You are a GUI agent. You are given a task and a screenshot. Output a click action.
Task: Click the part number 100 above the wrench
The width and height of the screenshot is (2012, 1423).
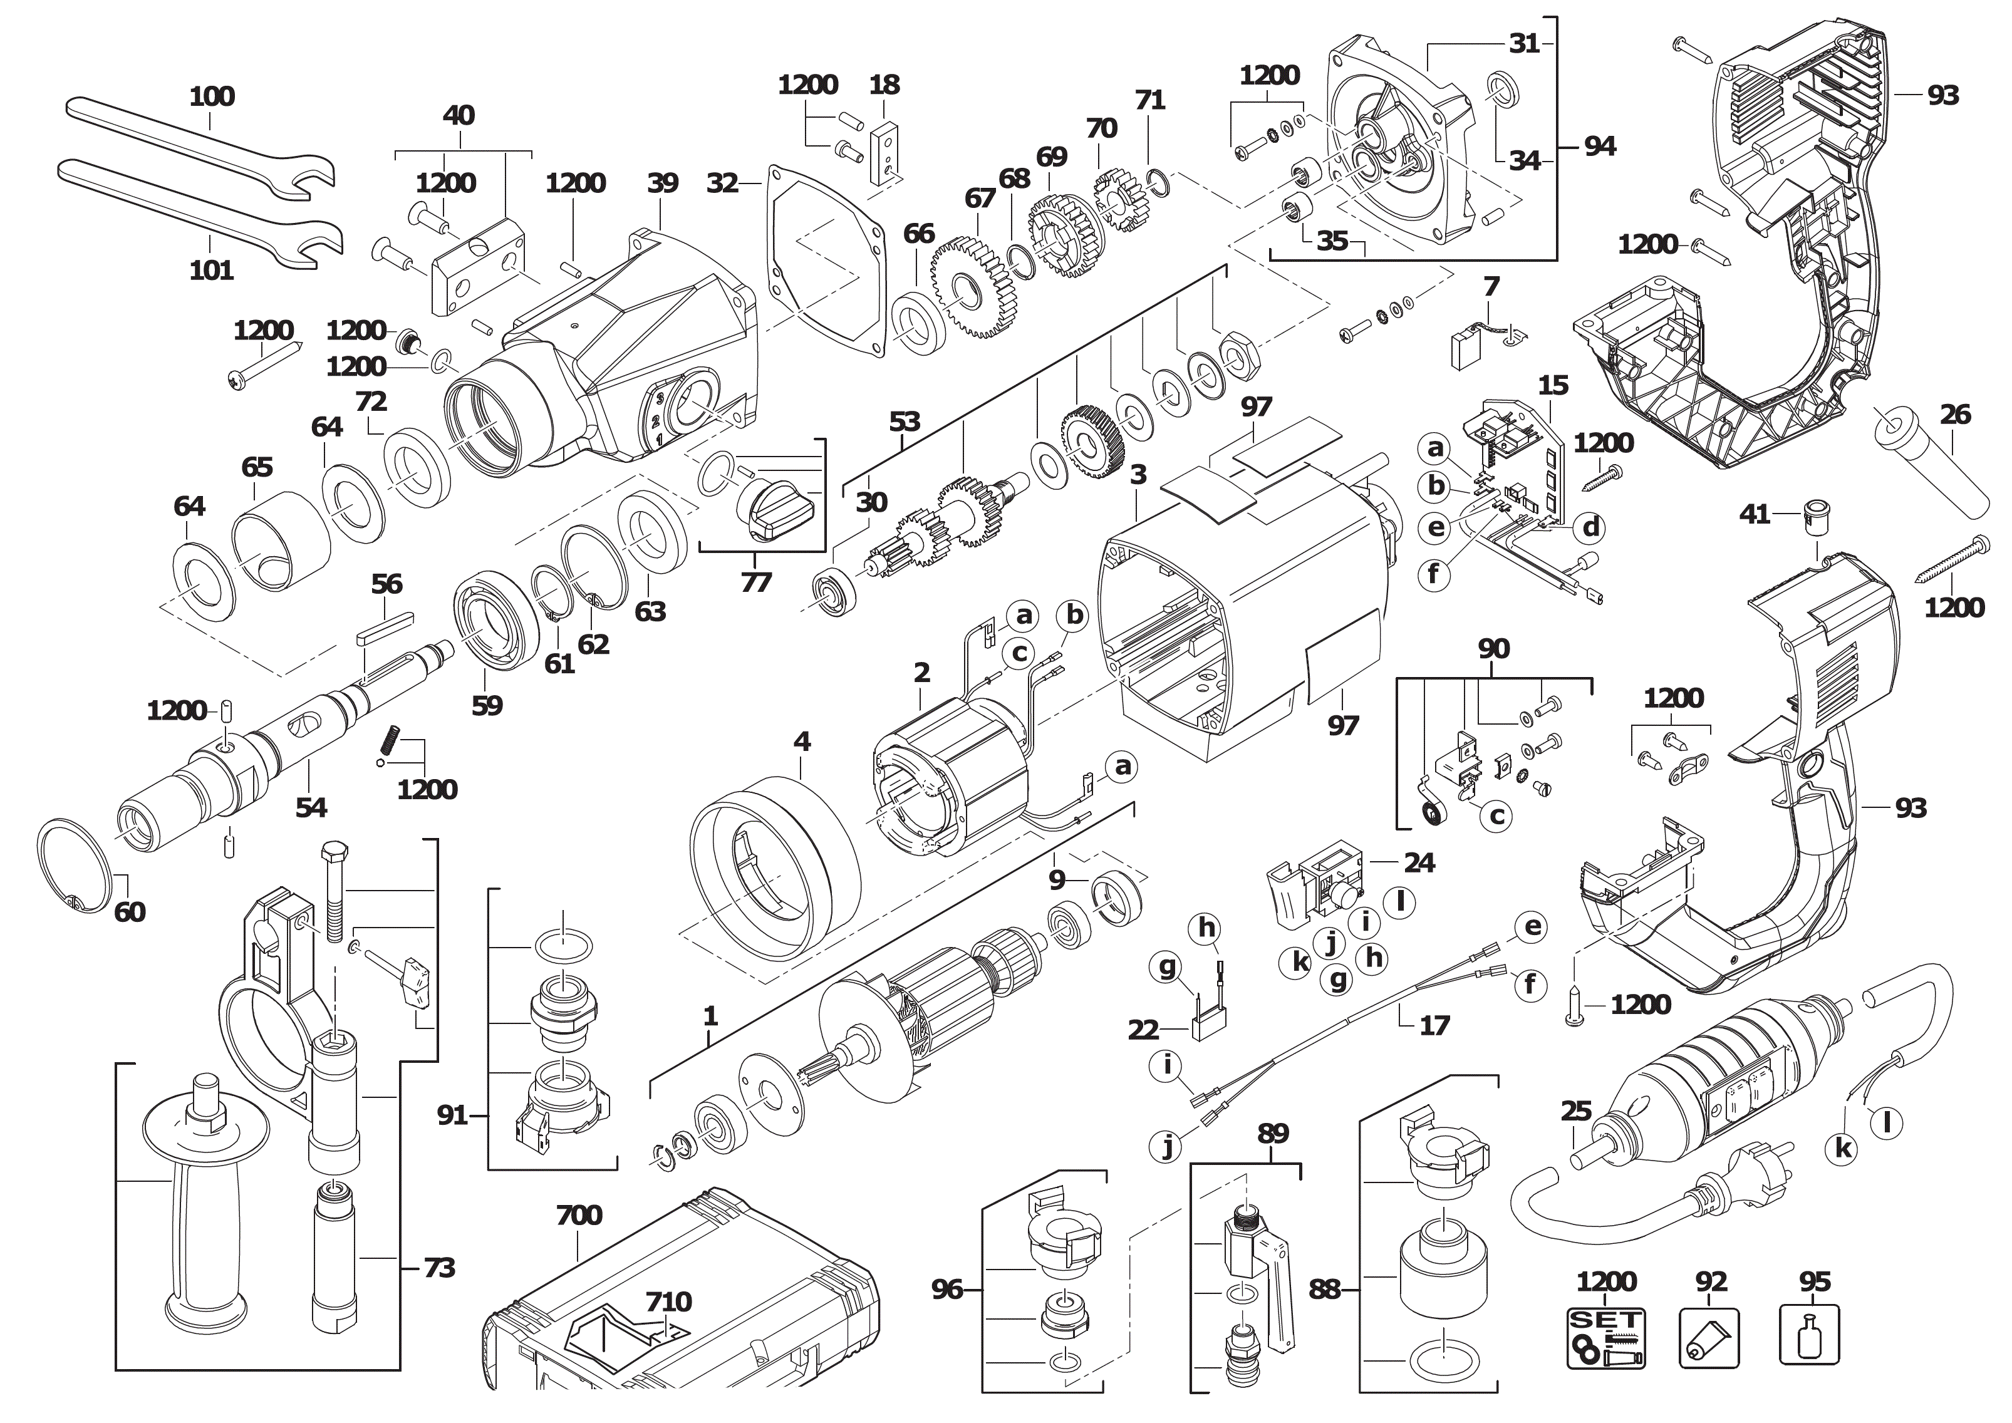pyautogui.click(x=212, y=96)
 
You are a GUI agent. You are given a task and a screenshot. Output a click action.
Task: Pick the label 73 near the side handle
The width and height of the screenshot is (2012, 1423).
pyautogui.click(x=439, y=1268)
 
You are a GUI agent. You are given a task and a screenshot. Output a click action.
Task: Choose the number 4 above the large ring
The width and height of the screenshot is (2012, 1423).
pyautogui.click(x=802, y=742)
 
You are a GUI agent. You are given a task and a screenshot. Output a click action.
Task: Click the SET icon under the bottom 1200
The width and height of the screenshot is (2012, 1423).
pyautogui.click(x=1605, y=1336)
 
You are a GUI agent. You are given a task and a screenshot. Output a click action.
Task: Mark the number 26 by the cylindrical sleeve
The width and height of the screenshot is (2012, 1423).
pyautogui.click(x=1955, y=415)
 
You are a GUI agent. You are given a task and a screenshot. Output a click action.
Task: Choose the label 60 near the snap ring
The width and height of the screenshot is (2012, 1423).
pyautogui.click(x=130, y=912)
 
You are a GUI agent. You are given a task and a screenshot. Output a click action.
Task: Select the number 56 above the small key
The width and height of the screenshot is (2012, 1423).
pyautogui.click(x=386, y=584)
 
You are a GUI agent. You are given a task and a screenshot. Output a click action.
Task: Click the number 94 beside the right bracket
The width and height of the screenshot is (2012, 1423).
pyautogui.click(x=1599, y=147)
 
